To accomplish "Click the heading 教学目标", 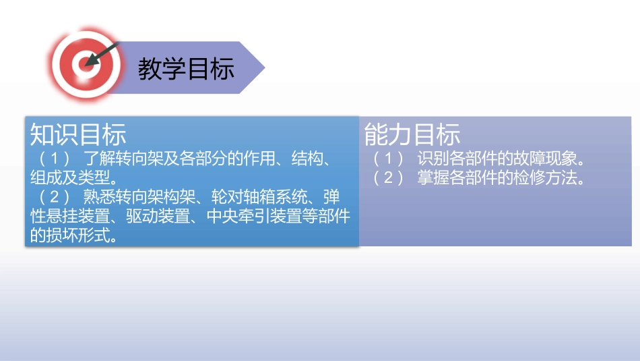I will click(x=186, y=69).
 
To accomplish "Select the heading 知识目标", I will click(x=78, y=135).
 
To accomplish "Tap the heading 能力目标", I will click(x=412, y=135).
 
